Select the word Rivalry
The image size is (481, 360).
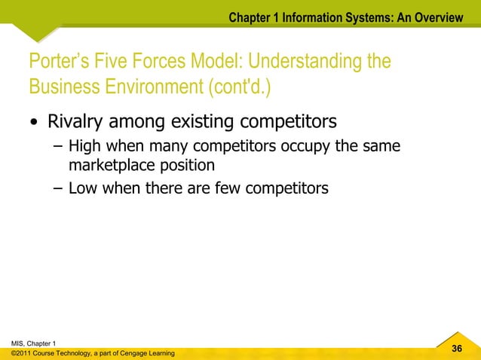coord(78,121)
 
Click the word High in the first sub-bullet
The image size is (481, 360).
coord(84,145)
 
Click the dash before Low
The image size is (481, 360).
coord(58,188)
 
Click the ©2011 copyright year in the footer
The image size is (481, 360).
coord(23,353)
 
